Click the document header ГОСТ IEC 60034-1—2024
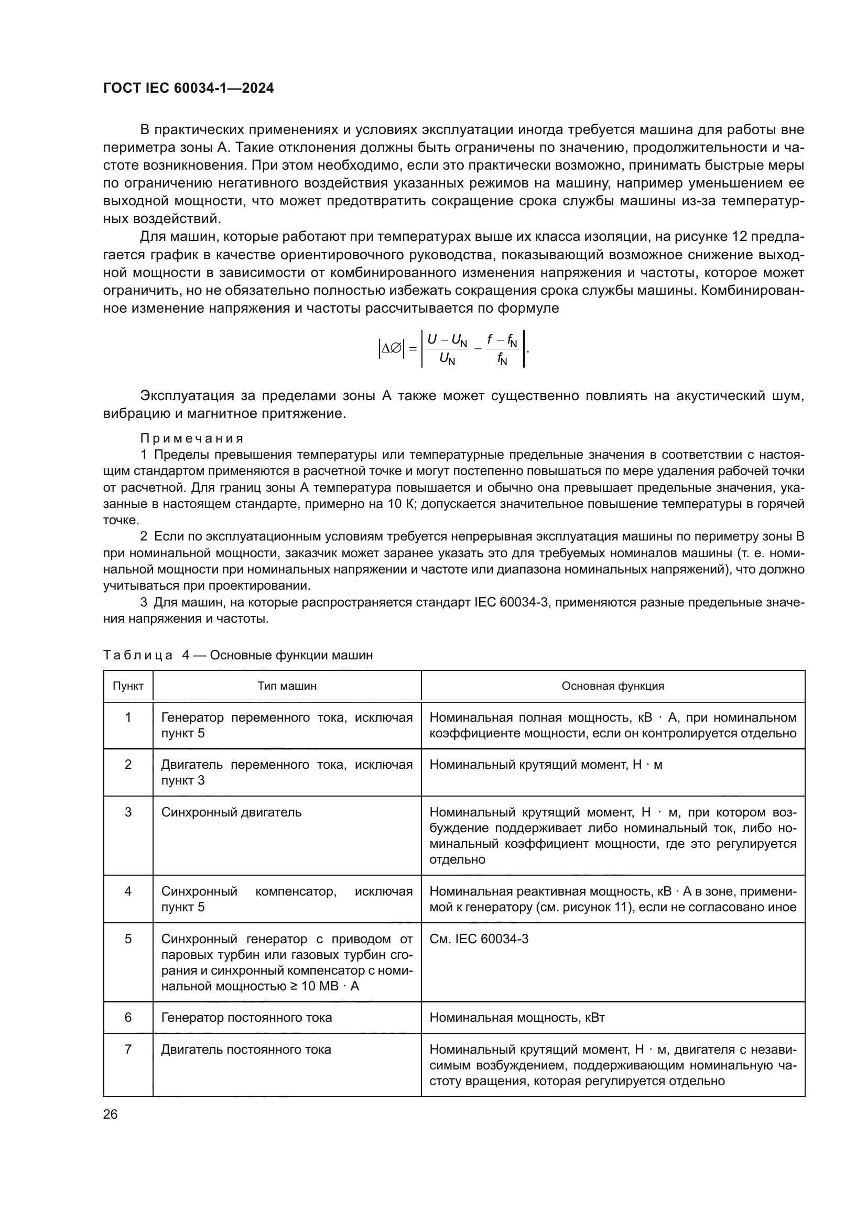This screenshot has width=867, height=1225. pos(188,88)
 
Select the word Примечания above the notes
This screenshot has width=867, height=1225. pos(192,438)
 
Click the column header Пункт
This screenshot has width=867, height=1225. pos(128,686)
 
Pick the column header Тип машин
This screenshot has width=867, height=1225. pos(287,686)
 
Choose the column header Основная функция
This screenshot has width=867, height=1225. pos(612,686)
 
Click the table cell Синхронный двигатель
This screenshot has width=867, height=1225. pos(231,812)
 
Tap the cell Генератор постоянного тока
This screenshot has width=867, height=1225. pos(246,1018)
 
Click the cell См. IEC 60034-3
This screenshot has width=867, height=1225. pos(479,939)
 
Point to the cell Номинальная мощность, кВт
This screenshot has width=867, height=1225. pos(517,1018)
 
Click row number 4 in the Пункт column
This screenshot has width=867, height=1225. pos(128,891)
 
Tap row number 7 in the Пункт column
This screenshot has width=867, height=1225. pos(128,1050)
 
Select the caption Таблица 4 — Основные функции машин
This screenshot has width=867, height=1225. pos(237,655)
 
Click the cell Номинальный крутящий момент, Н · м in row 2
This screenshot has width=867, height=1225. pos(546,765)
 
